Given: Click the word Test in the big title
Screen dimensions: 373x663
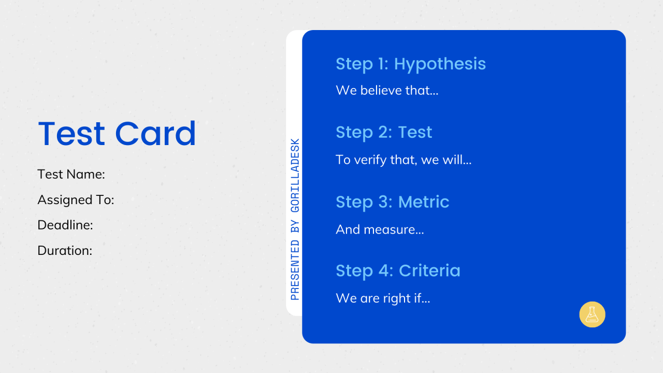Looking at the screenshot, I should [x=71, y=134].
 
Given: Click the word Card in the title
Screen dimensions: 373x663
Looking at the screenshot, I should [x=155, y=134].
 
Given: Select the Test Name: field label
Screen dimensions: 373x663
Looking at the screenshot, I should [x=71, y=175].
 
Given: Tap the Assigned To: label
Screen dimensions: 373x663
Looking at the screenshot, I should [x=76, y=200].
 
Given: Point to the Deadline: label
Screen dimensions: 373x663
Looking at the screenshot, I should [x=65, y=225].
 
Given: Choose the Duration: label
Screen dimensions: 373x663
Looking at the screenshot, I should [x=65, y=251].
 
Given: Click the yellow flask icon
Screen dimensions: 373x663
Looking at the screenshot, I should [x=592, y=314].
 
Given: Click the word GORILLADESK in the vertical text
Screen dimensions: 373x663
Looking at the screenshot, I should [x=295, y=176].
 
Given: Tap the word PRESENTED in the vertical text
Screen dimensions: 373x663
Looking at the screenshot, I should [x=295, y=269].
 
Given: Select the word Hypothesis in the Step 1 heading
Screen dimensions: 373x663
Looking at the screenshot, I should [x=440, y=64].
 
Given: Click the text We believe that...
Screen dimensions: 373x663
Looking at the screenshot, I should [x=387, y=91].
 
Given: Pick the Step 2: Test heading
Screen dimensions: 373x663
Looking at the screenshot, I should [x=384, y=133].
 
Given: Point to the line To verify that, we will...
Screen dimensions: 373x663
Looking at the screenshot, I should [x=403, y=160].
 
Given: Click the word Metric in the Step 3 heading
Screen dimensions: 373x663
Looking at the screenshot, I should [x=424, y=202].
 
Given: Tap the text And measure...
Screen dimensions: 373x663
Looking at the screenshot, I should [x=380, y=229].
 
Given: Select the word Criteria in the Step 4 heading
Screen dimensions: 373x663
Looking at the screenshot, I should [x=429, y=270].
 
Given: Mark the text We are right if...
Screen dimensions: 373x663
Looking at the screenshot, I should [x=383, y=298].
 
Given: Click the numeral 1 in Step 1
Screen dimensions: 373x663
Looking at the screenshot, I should [x=381, y=64].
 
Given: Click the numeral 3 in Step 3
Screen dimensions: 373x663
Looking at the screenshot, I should [x=384, y=202].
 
